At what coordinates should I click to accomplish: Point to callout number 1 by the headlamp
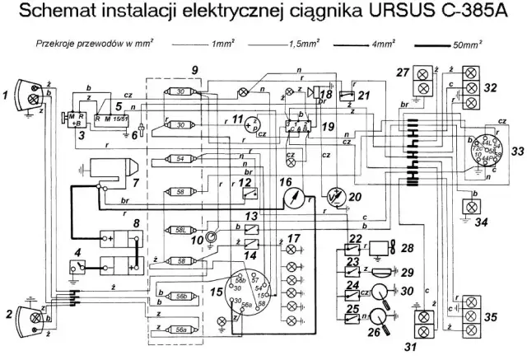click(x=7, y=96)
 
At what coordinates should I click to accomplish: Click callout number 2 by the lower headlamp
click(x=7, y=313)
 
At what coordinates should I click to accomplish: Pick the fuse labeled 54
click(x=181, y=158)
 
